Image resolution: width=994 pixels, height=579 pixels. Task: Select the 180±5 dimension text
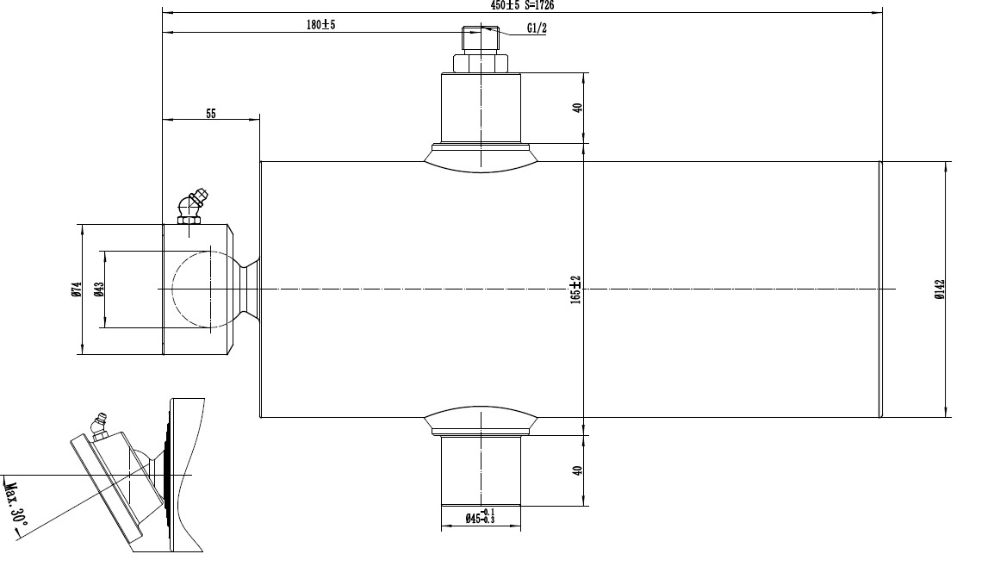pyautogui.click(x=320, y=25)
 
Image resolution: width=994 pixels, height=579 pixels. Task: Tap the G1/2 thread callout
pyautogui.click(x=537, y=28)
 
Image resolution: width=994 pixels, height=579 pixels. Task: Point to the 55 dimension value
pyautogui.click(x=211, y=113)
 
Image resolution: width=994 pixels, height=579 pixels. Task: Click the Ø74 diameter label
pyautogui.click(x=76, y=290)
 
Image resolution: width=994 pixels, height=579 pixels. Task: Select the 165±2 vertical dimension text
pyautogui.click(x=576, y=289)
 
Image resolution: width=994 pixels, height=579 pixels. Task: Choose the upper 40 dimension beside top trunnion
pyautogui.click(x=578, y=108)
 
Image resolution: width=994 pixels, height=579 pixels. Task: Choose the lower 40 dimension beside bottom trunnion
pyautogui.click(x=578, y=470)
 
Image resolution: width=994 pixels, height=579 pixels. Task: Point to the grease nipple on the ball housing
pyautogui.click(x=191, y=208)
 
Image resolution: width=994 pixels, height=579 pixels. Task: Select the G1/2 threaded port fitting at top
pyautogui.click(x=480, y=40)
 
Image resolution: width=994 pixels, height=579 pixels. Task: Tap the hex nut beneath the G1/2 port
pyautogui.click(x=480, y=63)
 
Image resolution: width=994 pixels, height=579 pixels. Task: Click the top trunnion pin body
pyautogui.click(x=480, y=108)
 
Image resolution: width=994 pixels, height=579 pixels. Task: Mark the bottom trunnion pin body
pyautogui.click(x=480, y=470)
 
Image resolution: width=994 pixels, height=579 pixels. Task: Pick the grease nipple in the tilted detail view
pyautogui.click(x=97, y=427)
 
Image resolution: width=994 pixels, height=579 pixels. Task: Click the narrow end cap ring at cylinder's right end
pyautogui.click(x=880, y=289)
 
